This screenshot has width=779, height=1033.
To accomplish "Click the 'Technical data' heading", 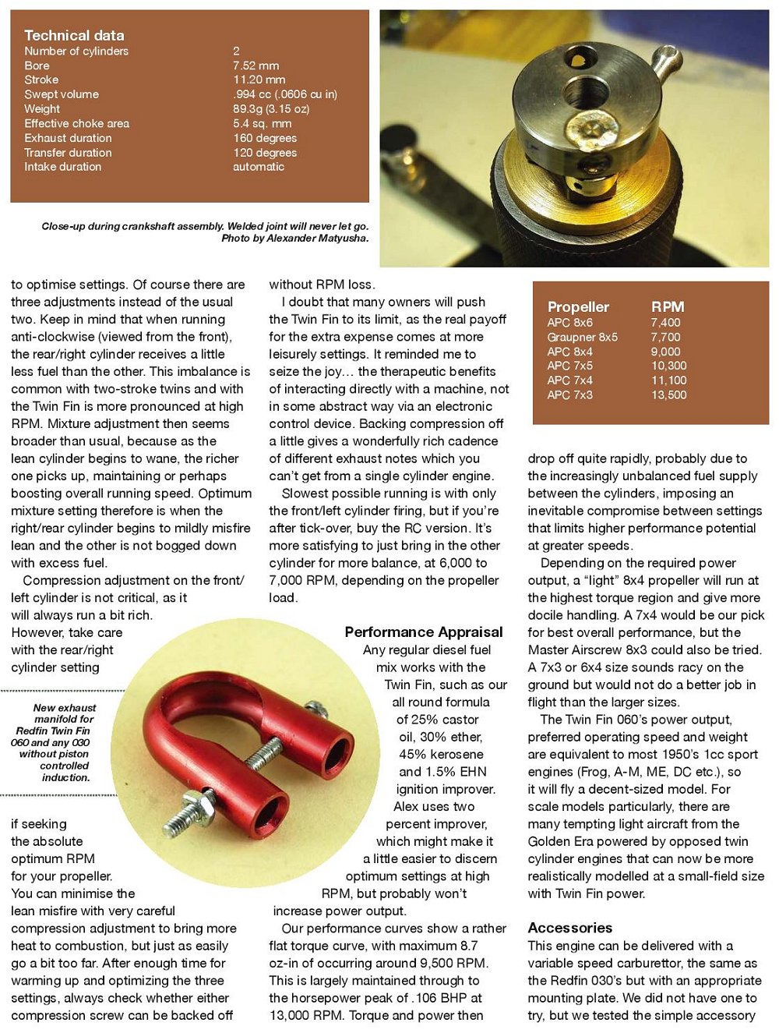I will [74, 35].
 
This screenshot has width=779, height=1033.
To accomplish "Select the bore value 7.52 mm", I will [256, 65].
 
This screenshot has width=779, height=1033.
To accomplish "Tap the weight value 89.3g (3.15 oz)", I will [271, 109].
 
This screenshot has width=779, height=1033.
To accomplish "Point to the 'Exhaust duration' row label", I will [68, 138].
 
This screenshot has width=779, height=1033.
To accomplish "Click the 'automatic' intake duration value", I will [259, 167].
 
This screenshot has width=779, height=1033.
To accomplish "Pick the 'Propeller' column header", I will [578, 307].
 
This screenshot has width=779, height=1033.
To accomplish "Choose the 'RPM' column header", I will [668, 307].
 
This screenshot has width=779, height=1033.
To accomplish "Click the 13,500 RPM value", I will [669, 395].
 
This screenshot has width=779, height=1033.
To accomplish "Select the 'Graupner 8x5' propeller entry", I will [582, 338].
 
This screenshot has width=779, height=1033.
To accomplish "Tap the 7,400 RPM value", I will [666, 323].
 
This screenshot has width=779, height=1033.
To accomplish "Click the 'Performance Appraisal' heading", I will [424, 632].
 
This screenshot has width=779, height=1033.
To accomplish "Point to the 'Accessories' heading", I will [570, 928].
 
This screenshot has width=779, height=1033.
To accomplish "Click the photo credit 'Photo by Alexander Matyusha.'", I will [295, 239].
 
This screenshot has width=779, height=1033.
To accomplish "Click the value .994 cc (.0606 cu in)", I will [285, 94].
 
